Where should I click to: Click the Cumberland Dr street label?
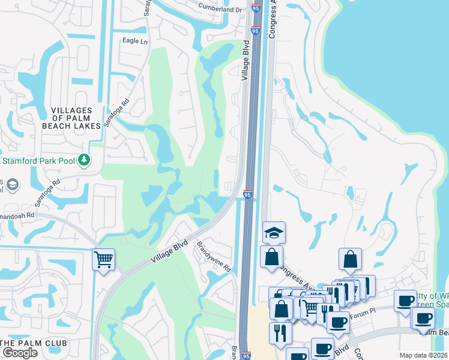click(x=220, y=10)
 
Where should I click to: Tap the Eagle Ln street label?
click(x=134, y=41)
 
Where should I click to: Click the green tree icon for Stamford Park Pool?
click(x=85, y=160)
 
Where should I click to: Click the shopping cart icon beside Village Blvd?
click(x=103, y=260)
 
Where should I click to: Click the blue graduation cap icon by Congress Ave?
click(x=274, y=232)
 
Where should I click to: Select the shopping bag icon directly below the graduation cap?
click(x=271, y=256)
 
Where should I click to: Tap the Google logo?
click(x=19, y=353)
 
